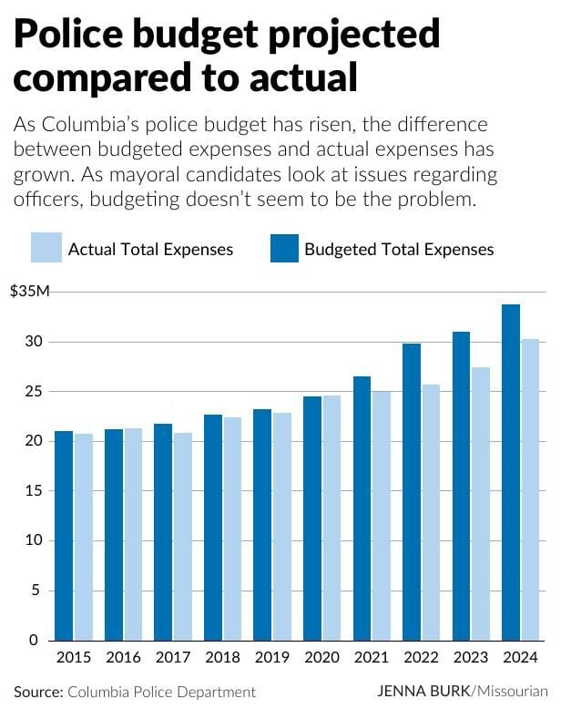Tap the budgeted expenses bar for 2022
412,491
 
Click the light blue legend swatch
45,249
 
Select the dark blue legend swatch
284,249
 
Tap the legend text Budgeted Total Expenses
399,250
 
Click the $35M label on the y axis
28,292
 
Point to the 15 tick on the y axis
36,490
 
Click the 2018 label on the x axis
222,657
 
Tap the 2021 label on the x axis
371,657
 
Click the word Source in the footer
37,692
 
